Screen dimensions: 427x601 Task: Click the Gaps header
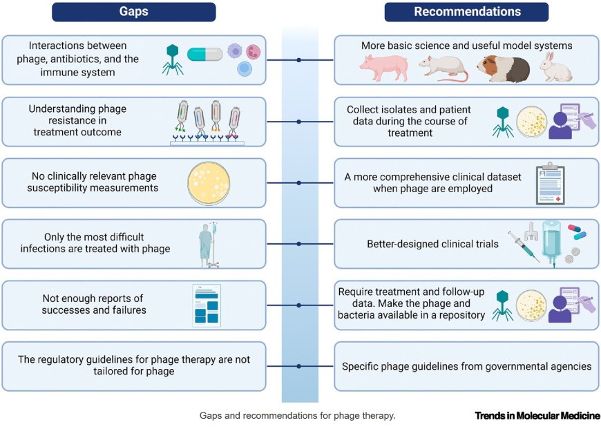[x=133, y=12]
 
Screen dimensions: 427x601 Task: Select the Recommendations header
[x=466, y=12]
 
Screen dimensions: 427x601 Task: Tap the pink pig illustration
[x=383, y=68]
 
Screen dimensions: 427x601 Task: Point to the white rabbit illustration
[x=555, y=68]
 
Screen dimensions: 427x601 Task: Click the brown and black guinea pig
[x=503, y=68]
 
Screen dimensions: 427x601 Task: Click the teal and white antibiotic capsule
[x=204, y=54]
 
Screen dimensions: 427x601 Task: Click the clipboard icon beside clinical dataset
[x=550, y=184]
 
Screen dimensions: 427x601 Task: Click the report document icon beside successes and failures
[x=207, y=305]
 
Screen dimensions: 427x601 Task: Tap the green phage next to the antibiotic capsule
[x=172, y=59]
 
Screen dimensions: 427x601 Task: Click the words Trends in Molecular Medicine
[x=537, y=416]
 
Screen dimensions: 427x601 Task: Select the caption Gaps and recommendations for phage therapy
[x=297, y=416]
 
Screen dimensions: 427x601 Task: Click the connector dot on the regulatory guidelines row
[x=298, y=366]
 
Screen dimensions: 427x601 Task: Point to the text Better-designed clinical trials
[x=432, y=244]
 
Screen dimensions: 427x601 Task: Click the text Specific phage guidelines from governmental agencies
[x=466, y=366]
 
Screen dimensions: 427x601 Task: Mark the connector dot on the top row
[x=298, y=60]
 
